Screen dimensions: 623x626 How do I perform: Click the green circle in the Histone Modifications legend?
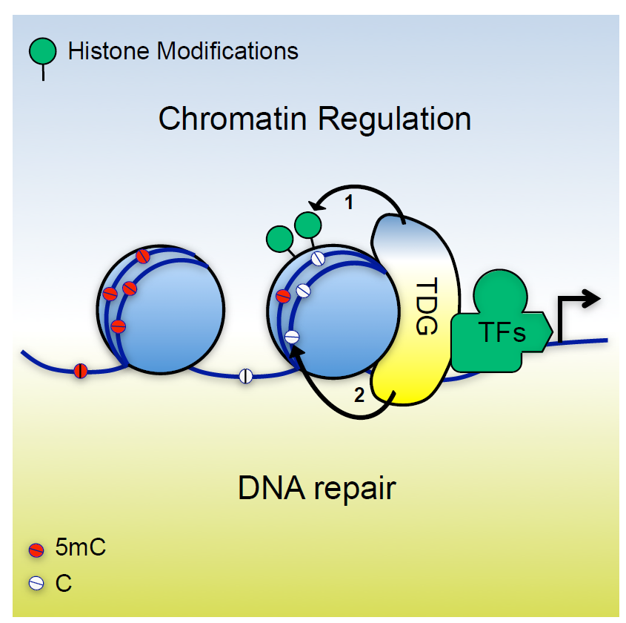pyautogui.click(x=43, y=51)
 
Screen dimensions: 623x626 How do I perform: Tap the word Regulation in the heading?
pyautogui.click(x=399, y=119)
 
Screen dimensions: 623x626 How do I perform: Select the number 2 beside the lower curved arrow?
pyautogui.click(x=359, y=395)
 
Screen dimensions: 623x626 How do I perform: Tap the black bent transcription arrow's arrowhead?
pyautogui.click(x=592, y=298)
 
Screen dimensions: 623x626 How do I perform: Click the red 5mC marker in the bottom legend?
pyautogui.click(x=36, y=550)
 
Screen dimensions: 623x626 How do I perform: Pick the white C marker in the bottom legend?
pyautogui.click(x=36, y=583)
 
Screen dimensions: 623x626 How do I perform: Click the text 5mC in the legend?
pyautogui.click(x=81, y=550)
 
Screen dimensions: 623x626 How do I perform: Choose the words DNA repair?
pyautogui.click(x=317, y=488)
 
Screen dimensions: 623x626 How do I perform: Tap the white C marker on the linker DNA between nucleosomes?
pyautogui.click(x=246, y=375)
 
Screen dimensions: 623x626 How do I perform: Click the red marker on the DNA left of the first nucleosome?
pyautogui.click(x=81, y=370)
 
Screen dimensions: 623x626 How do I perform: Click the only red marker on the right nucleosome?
pyautogui.click(x=283, y=296)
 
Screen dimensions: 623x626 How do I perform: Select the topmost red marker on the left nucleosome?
pyautogui.click(x=144, y=257)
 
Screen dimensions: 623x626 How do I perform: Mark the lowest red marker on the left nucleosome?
pyautogui.click(x=117, y=326)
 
